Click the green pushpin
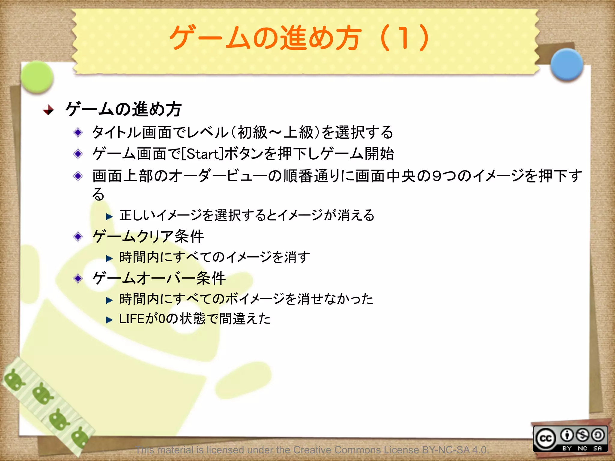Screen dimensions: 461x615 (x=37, y=77)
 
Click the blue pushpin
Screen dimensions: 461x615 (x=567, y=65)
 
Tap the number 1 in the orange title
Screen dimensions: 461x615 (x=403, y=38)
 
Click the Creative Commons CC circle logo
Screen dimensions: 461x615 (x=546, y=439)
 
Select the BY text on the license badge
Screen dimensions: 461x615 (x=567, y=448)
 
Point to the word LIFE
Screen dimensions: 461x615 (x=132, y=319)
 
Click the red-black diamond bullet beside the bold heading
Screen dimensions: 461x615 (x=48, y=110)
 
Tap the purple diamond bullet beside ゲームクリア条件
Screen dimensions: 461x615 (x=78, y=237)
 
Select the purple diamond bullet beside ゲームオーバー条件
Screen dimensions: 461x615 (x=78, y=279)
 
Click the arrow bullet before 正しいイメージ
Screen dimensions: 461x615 (x=109, y=216)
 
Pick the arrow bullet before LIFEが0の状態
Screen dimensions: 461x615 (x=109, y=320)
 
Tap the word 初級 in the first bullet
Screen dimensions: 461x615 (x=252, y=132)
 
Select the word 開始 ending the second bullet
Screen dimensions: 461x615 (x=379, y=154)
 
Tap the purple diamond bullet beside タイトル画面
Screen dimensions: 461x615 (x=78, y=132)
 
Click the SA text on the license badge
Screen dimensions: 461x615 (x=598, y=448)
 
